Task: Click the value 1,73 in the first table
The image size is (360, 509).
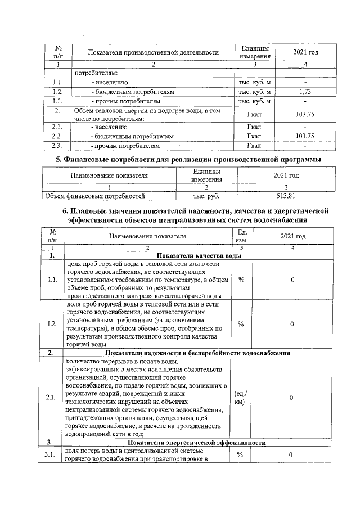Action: (x=305, y=91)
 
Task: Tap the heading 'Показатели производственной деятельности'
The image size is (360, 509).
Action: (x=153, y=52)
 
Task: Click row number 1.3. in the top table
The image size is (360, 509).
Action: (x=57, y=101)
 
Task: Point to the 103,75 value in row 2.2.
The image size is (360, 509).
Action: (x=305, y=136)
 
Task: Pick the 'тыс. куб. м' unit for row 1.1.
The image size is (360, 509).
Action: (x=255, y=82)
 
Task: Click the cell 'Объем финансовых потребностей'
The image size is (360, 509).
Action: (x=95, y=196)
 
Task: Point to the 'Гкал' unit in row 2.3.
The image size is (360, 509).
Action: (x=255, y=146)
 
